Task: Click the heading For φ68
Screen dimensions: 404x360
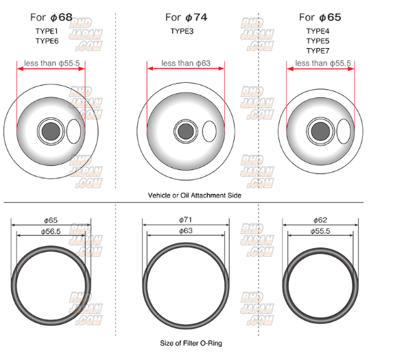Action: tap(51, 17)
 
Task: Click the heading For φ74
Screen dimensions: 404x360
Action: tap(187, 17)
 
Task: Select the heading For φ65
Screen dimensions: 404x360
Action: tap(320, 17)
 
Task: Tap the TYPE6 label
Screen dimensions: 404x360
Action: tap(47, 41)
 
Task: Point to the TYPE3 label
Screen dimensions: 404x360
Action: tap(182, 31)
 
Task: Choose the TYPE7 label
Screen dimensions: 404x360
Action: tap(318, 51)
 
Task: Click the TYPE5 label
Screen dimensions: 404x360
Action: tap(318, 41)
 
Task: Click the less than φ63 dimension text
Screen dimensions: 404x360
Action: tap(186, 63)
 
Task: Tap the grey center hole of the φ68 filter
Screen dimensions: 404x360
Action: tap(51, 131)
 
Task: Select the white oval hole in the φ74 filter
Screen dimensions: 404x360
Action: tap(209, 132)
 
